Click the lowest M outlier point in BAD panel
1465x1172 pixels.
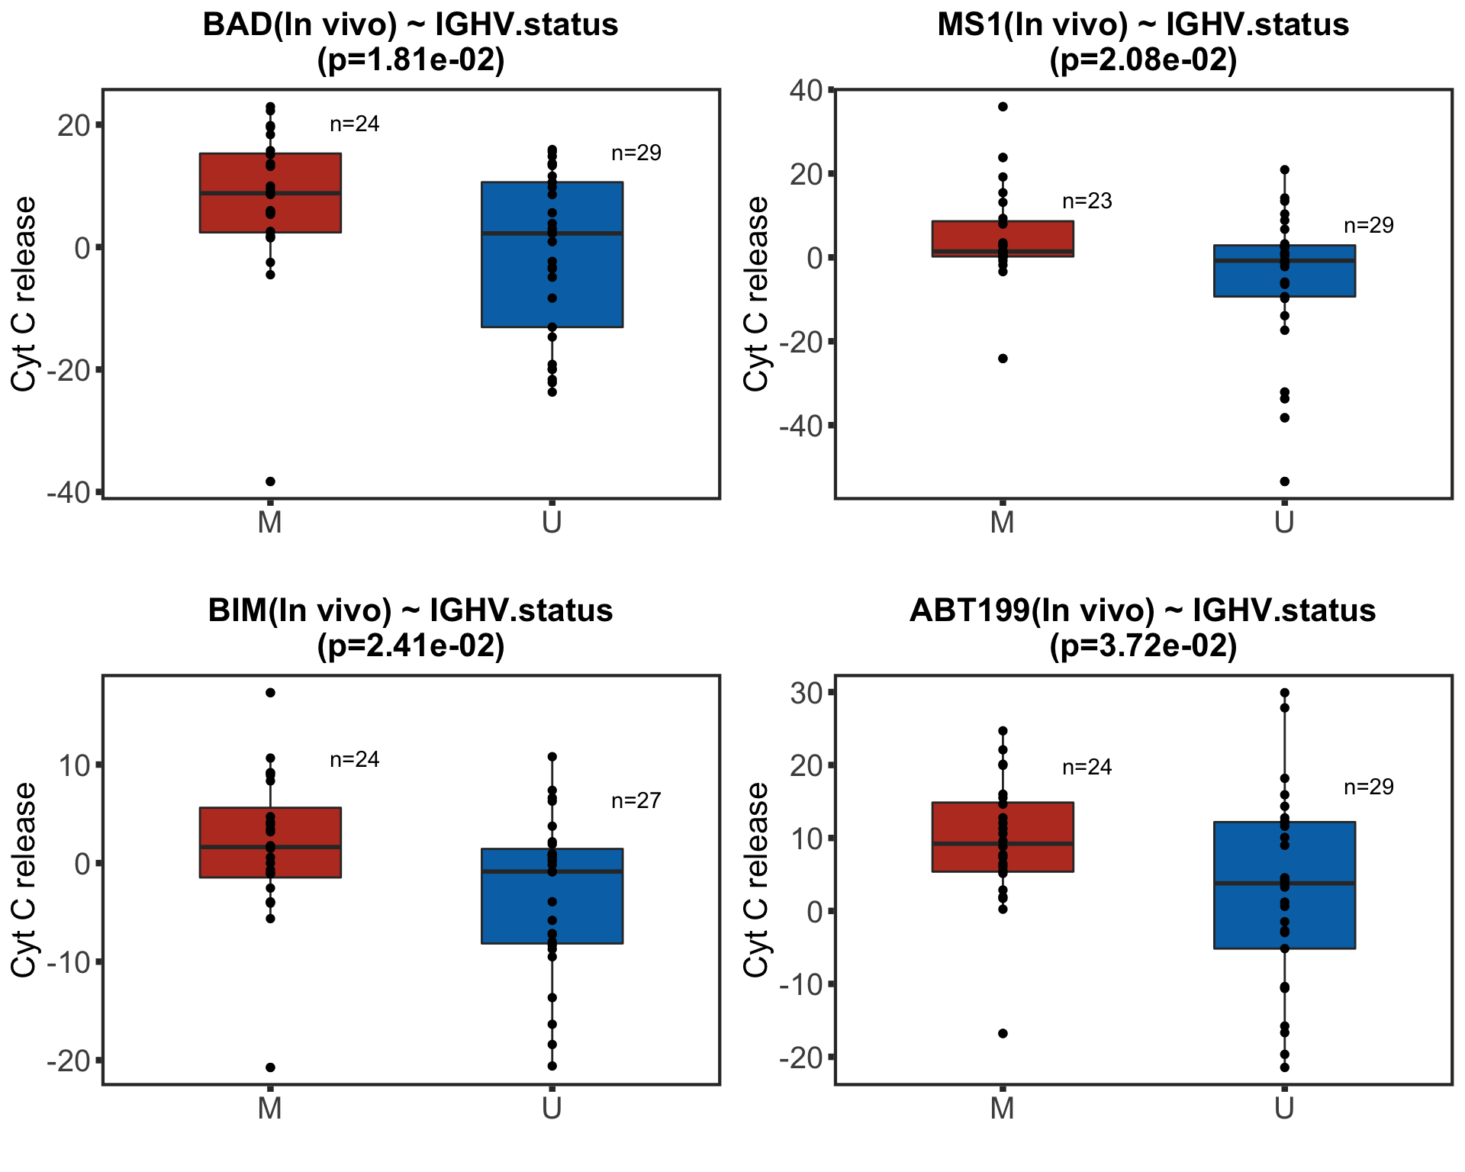coord(270,481)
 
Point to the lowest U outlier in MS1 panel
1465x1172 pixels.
coord(1284,481)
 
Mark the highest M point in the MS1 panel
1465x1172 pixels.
coord(1003,107)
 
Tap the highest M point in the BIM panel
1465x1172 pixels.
coord(270,693)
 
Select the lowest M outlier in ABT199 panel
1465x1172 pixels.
coord(1003,1033)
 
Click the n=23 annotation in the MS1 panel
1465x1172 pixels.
coord(1087,201)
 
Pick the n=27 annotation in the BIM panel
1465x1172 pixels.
coord(636,801)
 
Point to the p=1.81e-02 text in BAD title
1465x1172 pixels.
coord(411,60)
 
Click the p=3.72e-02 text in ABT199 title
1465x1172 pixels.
coord(1143,646)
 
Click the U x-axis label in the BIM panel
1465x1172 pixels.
coord(552,1109)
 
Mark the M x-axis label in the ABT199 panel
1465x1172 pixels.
coord(1002,1109)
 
